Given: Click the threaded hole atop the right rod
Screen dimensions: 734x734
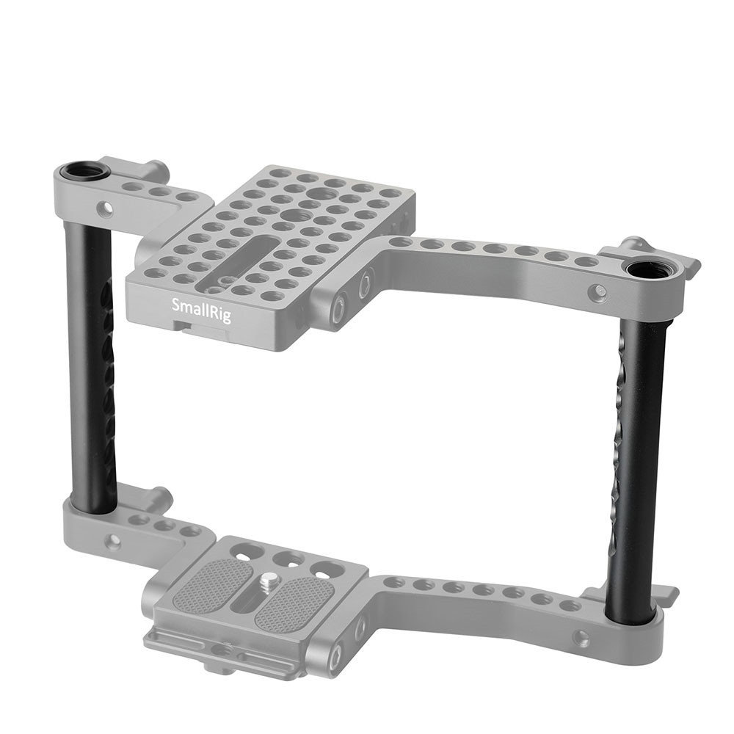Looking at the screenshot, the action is pyautogui.click(x=645, y=272).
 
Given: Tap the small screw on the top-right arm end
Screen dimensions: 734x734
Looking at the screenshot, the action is pyautogui.click(x=597, y=291).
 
